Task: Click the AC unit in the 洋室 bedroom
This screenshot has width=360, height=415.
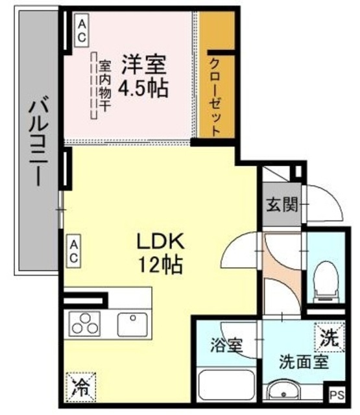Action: [81, 30]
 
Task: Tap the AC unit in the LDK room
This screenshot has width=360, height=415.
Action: [73, 251]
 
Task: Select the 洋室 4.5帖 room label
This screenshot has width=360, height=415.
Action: [143, 76]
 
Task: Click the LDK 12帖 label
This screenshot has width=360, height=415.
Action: [160, 253]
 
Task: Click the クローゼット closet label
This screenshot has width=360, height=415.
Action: [215, 97]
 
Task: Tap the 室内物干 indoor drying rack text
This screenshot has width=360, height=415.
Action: [104, 85]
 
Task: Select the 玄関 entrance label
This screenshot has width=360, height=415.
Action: [282, 205]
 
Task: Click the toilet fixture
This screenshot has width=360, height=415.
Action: [326, 281]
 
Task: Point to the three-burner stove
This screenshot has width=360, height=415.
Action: [85, 324]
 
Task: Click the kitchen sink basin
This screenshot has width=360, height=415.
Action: [132, 324]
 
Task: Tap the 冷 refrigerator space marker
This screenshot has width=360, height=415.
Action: [81, 387]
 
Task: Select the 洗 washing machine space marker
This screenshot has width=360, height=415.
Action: [330, 337]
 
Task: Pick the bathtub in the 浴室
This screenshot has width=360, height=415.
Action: [226, 386]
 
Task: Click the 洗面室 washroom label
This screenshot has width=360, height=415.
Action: [304, 362]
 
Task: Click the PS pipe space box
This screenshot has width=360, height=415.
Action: [337, 395]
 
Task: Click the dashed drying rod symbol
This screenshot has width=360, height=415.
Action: [93, 85]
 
